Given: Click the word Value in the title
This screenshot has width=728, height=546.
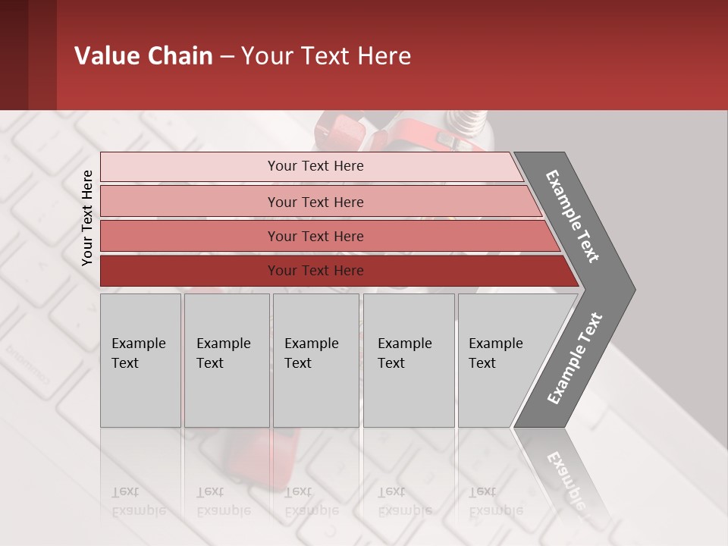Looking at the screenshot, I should pos(105,56).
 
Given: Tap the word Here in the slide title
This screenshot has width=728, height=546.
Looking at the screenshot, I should pos(384,56).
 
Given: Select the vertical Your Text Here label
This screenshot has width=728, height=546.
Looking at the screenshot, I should pos(87,218).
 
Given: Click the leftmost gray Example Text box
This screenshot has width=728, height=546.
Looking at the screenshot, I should pos(140,360).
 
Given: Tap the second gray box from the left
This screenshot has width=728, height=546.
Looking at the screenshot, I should pos(227,360).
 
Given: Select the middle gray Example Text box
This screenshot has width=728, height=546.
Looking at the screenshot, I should pos(315,360).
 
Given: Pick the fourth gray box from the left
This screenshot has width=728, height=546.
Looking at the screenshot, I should pos(409,360).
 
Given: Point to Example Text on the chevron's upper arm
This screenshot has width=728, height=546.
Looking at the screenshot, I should pos(573,215).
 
